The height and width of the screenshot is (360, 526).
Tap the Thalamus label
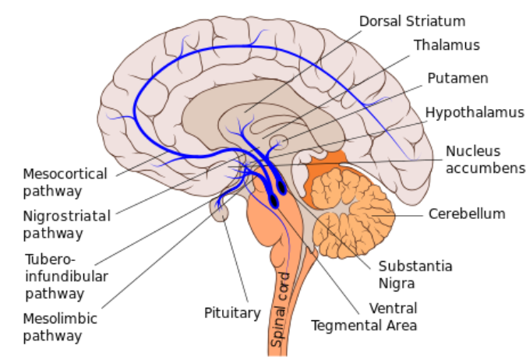(447, 45)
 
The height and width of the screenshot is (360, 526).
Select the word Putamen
(457, 78)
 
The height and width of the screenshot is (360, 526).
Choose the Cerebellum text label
(467, 213)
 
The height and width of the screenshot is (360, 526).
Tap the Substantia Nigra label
(415, 274)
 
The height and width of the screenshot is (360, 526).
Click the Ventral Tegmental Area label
(364, 316)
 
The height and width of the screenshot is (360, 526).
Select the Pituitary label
(231, 312)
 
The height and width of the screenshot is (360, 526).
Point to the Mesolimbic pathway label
(53, 328)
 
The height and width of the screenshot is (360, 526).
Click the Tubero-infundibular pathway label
(55, 276)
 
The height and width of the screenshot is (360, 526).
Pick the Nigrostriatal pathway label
(66, 223)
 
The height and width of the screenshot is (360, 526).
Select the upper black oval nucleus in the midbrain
(281, 186)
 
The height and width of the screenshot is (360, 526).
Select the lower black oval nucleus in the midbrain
(274, 201)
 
